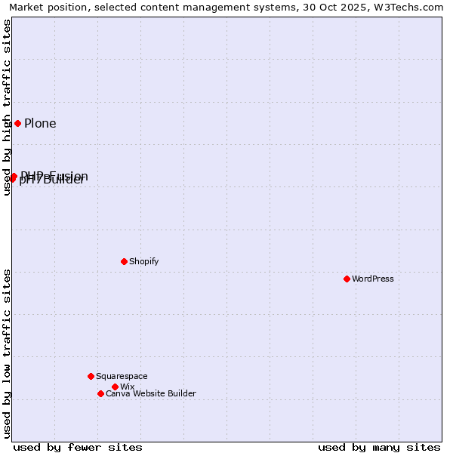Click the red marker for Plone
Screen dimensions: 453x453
click(17, 123)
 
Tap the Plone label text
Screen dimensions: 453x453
click(40, 124)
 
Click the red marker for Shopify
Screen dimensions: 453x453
click(124, 261)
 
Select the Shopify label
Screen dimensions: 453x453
click(143, 261)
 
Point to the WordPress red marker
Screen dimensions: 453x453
click(347, 279)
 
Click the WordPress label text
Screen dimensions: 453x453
click(373, 279)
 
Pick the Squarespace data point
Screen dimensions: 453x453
click(91, 376)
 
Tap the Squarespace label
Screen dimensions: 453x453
click(122, 376)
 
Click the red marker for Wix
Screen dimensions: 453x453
click(115, 387)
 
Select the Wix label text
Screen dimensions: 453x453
click(127, 387)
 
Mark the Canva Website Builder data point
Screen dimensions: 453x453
click(100, 393)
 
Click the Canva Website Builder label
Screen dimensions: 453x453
click(150, 393)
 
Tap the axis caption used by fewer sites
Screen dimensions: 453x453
click(78, 447)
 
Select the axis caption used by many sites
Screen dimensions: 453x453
click(379, 447)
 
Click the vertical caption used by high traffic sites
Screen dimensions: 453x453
click(8, 107)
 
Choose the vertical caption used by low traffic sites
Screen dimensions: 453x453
click(8, 353)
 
